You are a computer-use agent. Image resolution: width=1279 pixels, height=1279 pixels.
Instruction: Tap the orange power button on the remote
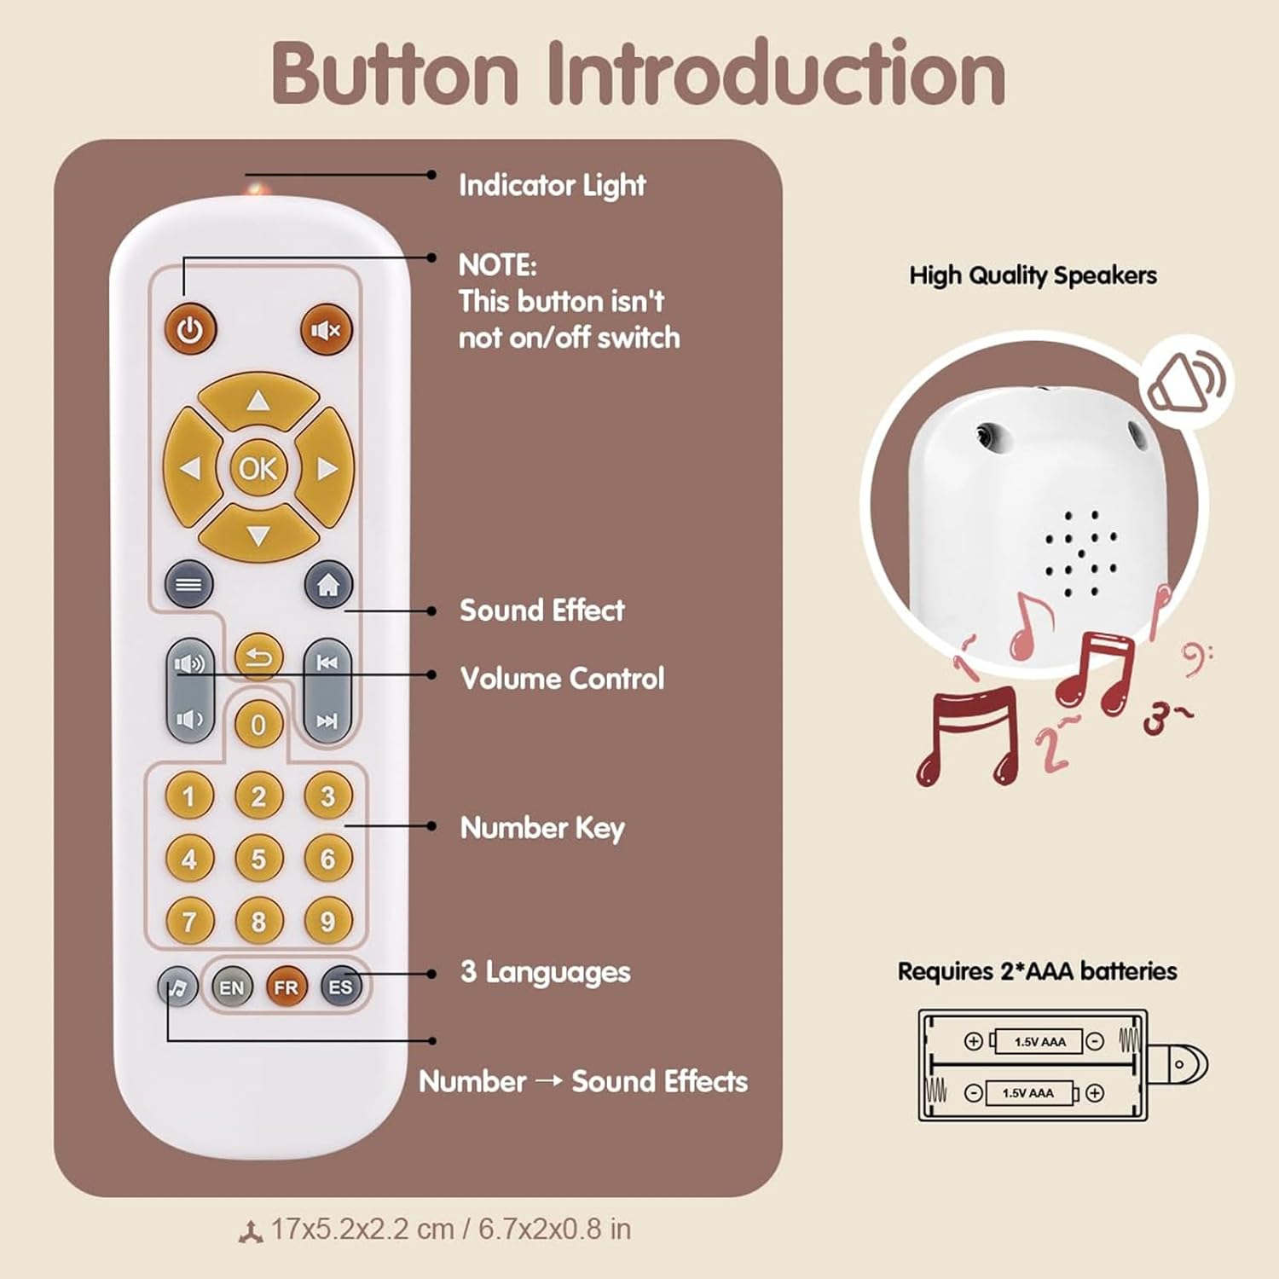point(190,330)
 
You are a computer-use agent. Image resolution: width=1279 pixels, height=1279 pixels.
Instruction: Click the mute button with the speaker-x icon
point(326,330)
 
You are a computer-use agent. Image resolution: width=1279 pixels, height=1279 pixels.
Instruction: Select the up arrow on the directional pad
point(258,401)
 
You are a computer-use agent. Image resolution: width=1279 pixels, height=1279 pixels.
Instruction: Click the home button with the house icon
point(328,585)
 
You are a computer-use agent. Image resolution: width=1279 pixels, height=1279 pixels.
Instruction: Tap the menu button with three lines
point(188,585)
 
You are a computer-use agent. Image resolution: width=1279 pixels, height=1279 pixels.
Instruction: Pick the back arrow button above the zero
point(258,657)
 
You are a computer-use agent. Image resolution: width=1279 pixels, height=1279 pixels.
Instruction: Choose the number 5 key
point(258,859)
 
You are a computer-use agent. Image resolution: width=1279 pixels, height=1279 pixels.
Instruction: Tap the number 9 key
point(327,921)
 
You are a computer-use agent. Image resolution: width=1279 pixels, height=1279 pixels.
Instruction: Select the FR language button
point(286,987)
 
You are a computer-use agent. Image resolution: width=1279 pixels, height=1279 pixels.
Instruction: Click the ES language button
point(340,987)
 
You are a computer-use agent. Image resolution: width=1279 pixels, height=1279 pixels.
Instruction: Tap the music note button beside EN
point(177,988)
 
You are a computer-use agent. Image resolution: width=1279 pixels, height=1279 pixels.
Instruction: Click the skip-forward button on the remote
point(327,721)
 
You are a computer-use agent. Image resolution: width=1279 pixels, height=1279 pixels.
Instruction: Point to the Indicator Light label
point(552,185)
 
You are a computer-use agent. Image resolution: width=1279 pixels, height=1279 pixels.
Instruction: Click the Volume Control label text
point(562,679)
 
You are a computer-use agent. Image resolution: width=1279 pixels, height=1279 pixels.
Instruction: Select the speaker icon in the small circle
point(1189,381)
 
